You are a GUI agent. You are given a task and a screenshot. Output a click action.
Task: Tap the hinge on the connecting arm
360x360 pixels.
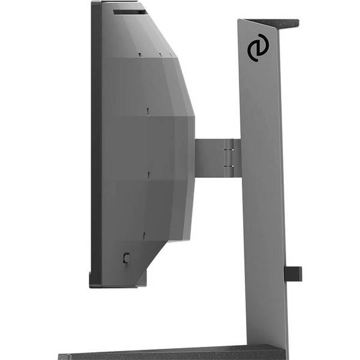pos(227,158)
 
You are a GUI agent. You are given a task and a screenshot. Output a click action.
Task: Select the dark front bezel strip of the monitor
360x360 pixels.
pos(95,144)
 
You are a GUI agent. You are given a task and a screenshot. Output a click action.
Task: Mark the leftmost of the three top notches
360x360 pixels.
pos(140,55)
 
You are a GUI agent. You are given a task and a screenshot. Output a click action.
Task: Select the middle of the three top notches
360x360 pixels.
pos(160,55)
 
